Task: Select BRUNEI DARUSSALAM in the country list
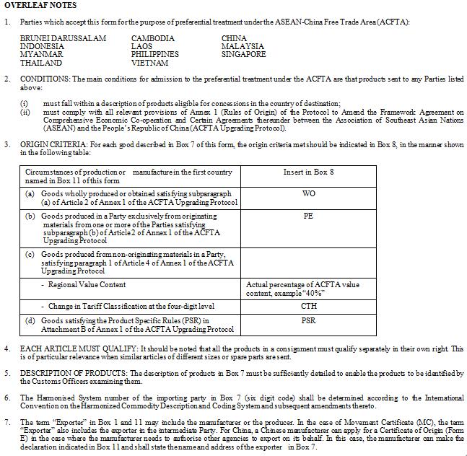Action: pyautogui.click(x=63, y=38)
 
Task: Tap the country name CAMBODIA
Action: pyautogui.click(x=153, y=38)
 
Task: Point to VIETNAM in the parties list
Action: pyautogui.click(x=150, y=63)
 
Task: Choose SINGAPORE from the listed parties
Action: pyautogui.click(x=243, y=54)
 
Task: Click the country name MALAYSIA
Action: pyautogui.click(x=243, y=46)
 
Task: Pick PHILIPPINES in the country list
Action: pyautogui.click(x=154, y=54)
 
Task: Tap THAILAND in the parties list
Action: pyautogui.click(x=41, y=63)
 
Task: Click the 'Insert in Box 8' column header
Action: pyautogui.click(x=308, y=172)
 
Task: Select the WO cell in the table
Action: pyautogui.click(x=308, y=193)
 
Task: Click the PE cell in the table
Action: pyautogui.click(x=308, y=216)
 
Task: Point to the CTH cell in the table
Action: pyautogui.click(x=308, y=306)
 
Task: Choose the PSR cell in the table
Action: pyautogui.click(x=308, y=320)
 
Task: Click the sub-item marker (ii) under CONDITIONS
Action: pyautogui.click(x=25, y=112)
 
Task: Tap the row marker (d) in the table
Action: pyautogui.click(x=30, y=320)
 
